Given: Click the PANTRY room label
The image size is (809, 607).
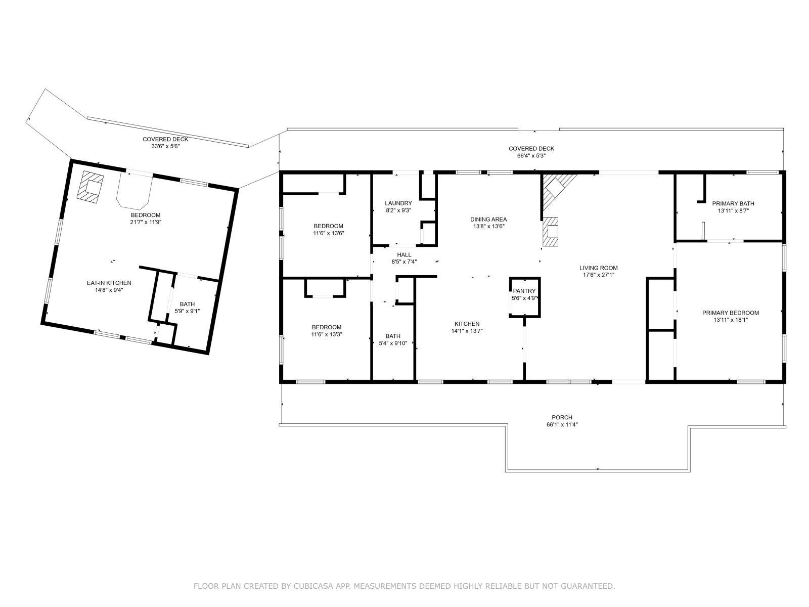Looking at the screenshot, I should [524, 291].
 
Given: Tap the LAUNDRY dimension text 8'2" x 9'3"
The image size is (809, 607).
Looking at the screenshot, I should [398, 210].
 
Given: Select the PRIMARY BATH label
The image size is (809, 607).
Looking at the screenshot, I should [730, 203].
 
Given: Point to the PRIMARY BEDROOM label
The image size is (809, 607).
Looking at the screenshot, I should [730, 313].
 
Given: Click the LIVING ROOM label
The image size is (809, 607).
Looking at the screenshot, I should [598, 268].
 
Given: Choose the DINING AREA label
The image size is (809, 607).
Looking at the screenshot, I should [488, 219].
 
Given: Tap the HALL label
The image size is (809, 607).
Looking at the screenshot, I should [404, 254].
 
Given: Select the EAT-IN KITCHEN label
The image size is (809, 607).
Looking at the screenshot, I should [109, 283].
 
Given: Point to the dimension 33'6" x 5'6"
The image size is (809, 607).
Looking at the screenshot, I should [165, 146].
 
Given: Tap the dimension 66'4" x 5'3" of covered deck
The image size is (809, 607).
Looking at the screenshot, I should [531, 155].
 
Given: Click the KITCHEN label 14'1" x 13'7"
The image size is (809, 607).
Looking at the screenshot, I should [467, 324].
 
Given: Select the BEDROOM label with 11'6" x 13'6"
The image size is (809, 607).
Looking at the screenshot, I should [328, 226].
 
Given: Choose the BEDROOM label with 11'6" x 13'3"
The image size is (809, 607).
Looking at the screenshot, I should [326, 327].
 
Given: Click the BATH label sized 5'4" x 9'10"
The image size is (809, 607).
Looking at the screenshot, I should [392, 336].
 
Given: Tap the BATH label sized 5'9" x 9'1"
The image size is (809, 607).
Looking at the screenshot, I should [187, 304].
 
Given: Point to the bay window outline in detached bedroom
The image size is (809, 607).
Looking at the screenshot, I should [134, 192].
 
